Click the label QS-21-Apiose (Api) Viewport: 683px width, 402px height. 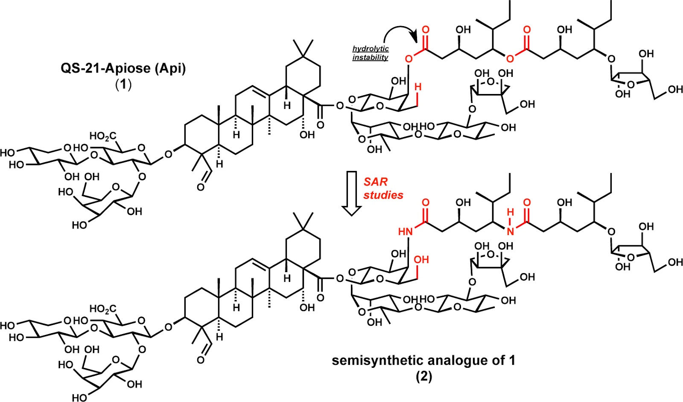(x=123, y=69)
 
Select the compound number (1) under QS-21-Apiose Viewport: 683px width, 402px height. (x=123, y=84)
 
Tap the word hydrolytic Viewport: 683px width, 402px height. (x=371, y=49)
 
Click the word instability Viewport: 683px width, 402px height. (x=370, y=58)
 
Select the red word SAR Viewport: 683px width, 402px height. (x=376, y=182)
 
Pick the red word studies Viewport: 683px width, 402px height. (x=383, y=195)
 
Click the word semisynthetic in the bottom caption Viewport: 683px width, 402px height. (x=375, y=361)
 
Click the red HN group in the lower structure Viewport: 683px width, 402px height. (x=405, y=232)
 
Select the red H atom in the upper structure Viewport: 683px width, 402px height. (x=418, y=87)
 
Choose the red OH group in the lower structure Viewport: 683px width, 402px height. (x=421, y=260)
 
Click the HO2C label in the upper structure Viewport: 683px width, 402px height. (x=102, y=137)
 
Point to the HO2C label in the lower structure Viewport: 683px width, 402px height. (x=102, y=308)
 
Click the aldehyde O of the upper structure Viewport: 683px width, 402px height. (x=201, y=187)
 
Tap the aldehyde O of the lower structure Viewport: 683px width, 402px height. (x=201, y=360)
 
